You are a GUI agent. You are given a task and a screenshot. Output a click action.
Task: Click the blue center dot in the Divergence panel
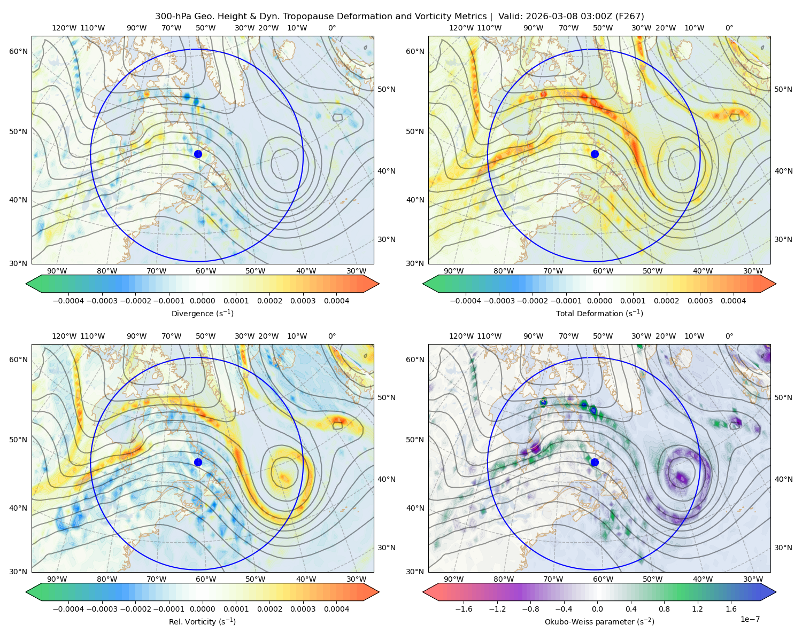pos(198,154)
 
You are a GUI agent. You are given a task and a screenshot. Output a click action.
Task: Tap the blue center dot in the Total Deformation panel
pos(595,154)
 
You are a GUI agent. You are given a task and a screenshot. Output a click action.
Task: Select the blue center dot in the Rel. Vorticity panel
pos(198,462)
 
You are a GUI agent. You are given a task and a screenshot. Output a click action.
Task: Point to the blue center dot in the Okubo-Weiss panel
pos(595,462)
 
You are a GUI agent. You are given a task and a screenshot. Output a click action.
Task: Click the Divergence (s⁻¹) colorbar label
pos(202,313)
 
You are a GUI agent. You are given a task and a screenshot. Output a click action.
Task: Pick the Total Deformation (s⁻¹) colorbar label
pos(599,313)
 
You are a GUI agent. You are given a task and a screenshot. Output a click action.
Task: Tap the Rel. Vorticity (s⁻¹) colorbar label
pos(202,621)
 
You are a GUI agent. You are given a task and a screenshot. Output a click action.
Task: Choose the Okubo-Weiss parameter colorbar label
pos(599,621)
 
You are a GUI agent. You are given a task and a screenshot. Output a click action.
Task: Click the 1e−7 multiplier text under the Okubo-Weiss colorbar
pos(750,619)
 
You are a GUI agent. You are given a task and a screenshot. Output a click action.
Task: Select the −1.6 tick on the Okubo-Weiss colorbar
pos(464,609)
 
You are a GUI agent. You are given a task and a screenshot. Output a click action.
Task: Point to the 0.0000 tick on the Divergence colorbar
pos(202,301)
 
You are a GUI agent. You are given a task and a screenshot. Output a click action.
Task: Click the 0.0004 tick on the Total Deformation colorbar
pos(733,301)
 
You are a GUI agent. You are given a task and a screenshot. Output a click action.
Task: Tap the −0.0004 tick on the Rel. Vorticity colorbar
pos(68,609)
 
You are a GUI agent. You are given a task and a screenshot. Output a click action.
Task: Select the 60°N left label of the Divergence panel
pos(18,51)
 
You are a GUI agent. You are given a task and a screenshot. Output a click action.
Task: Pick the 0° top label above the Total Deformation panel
pos(729,28)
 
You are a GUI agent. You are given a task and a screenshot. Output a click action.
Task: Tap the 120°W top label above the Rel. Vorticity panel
pos(64,336)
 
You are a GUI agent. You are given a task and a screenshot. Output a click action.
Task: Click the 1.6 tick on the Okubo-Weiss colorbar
pos(731,609)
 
